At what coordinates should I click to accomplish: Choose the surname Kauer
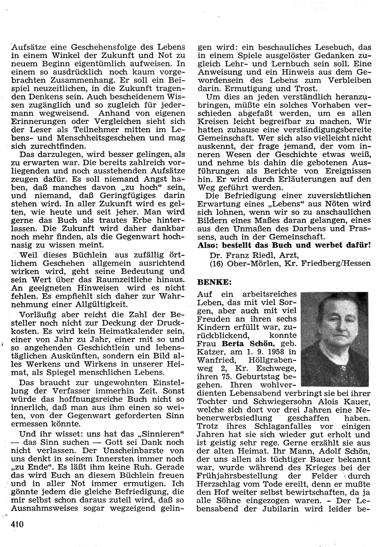[x=356, y=401]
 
